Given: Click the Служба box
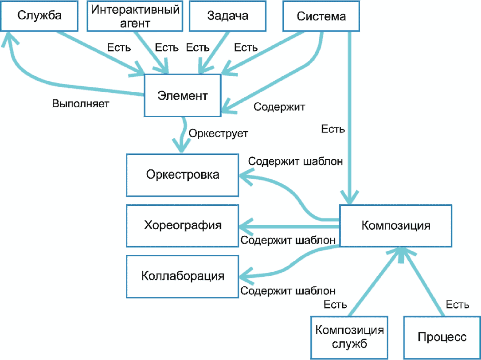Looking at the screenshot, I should click(x=39, y=16).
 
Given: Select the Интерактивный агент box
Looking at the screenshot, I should click(x=135, y=16).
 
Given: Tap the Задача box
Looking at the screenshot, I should click(x=228, y=16).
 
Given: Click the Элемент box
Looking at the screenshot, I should click(x=183, y=95).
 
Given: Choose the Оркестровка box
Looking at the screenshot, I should click(x=182, y=175).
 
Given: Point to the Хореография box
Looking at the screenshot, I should click(x=182, y=226).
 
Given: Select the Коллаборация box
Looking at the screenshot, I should click(x=182, y=276).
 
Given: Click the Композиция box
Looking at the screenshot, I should click(x=395, y=226).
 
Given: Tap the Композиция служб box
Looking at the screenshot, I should click(x=349, y=337).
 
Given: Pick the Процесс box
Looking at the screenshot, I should click(x=442, y=337).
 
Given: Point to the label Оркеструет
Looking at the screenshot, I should click(x=218, y=132).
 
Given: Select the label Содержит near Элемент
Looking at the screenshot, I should click(x=279, y=107).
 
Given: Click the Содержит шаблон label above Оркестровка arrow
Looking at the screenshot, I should click(x=295, y=161).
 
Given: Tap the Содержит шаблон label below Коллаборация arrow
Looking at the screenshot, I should click(x=288, y=291).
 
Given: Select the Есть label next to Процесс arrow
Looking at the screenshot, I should click(x=458, y=305).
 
